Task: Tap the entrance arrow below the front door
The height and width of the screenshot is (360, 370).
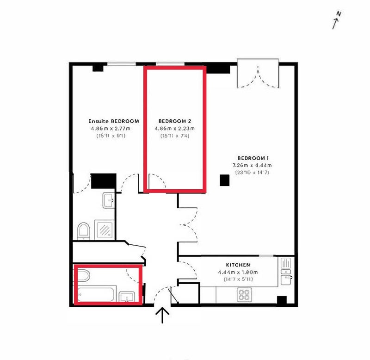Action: tap(162, 315)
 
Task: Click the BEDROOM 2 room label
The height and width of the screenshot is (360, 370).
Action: tap(175, 121)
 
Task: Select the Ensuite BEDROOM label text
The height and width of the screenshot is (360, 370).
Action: tap(114, 121)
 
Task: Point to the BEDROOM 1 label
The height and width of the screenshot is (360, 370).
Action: tap(253, 158)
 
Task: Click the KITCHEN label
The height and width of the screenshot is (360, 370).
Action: tap(238, 265)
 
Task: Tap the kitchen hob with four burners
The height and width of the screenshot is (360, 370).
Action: tap(245, 294)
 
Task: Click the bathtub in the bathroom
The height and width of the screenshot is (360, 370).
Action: tap(97, 294)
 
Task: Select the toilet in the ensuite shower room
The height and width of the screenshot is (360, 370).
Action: tap(84, 231)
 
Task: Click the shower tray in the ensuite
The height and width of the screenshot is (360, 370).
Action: tap(105, 230)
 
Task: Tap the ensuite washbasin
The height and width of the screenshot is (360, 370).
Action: tap(109, 200)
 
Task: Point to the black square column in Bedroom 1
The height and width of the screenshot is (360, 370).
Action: tap(225, 180)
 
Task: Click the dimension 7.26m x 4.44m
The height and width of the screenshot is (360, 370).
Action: tap(252, 165)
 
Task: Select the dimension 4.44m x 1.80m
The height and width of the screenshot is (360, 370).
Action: tap(238, 272)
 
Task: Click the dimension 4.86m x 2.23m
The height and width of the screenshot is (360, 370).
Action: tap(175, 129)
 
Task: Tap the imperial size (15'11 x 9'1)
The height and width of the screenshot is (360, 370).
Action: tap(111, 136)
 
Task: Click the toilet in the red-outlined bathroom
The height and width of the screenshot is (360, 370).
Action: tap(84, 275)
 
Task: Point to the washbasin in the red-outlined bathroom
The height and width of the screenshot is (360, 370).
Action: tap(127, 297)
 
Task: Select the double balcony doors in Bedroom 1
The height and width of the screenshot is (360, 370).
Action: tap(258, 78)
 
